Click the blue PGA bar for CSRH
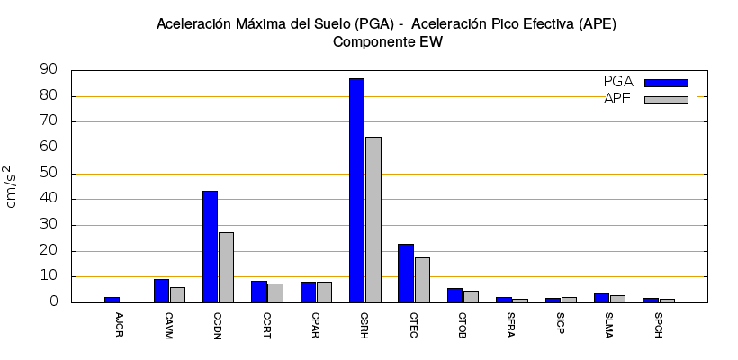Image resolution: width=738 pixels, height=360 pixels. click(356, 190)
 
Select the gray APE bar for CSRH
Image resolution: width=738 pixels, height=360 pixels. click(373, 220)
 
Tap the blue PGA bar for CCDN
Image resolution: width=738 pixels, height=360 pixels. click(210, 247)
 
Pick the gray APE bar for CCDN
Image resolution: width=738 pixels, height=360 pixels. click(226, 267)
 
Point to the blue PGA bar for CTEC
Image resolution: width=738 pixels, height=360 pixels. click(406, 273)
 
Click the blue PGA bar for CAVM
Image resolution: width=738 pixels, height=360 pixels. click(161, 291)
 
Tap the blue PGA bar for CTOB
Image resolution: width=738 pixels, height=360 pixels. click(454, 295)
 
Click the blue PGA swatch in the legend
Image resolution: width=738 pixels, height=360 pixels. click(666, 83)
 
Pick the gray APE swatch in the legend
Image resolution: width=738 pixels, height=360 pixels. click(666, 100)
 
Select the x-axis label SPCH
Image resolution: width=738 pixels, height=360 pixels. click(659, 320)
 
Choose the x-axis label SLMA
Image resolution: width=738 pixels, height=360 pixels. click(610, 320)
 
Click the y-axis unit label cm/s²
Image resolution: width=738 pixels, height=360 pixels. click(12, 186)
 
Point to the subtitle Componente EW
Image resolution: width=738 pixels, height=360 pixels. click(387, 41)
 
